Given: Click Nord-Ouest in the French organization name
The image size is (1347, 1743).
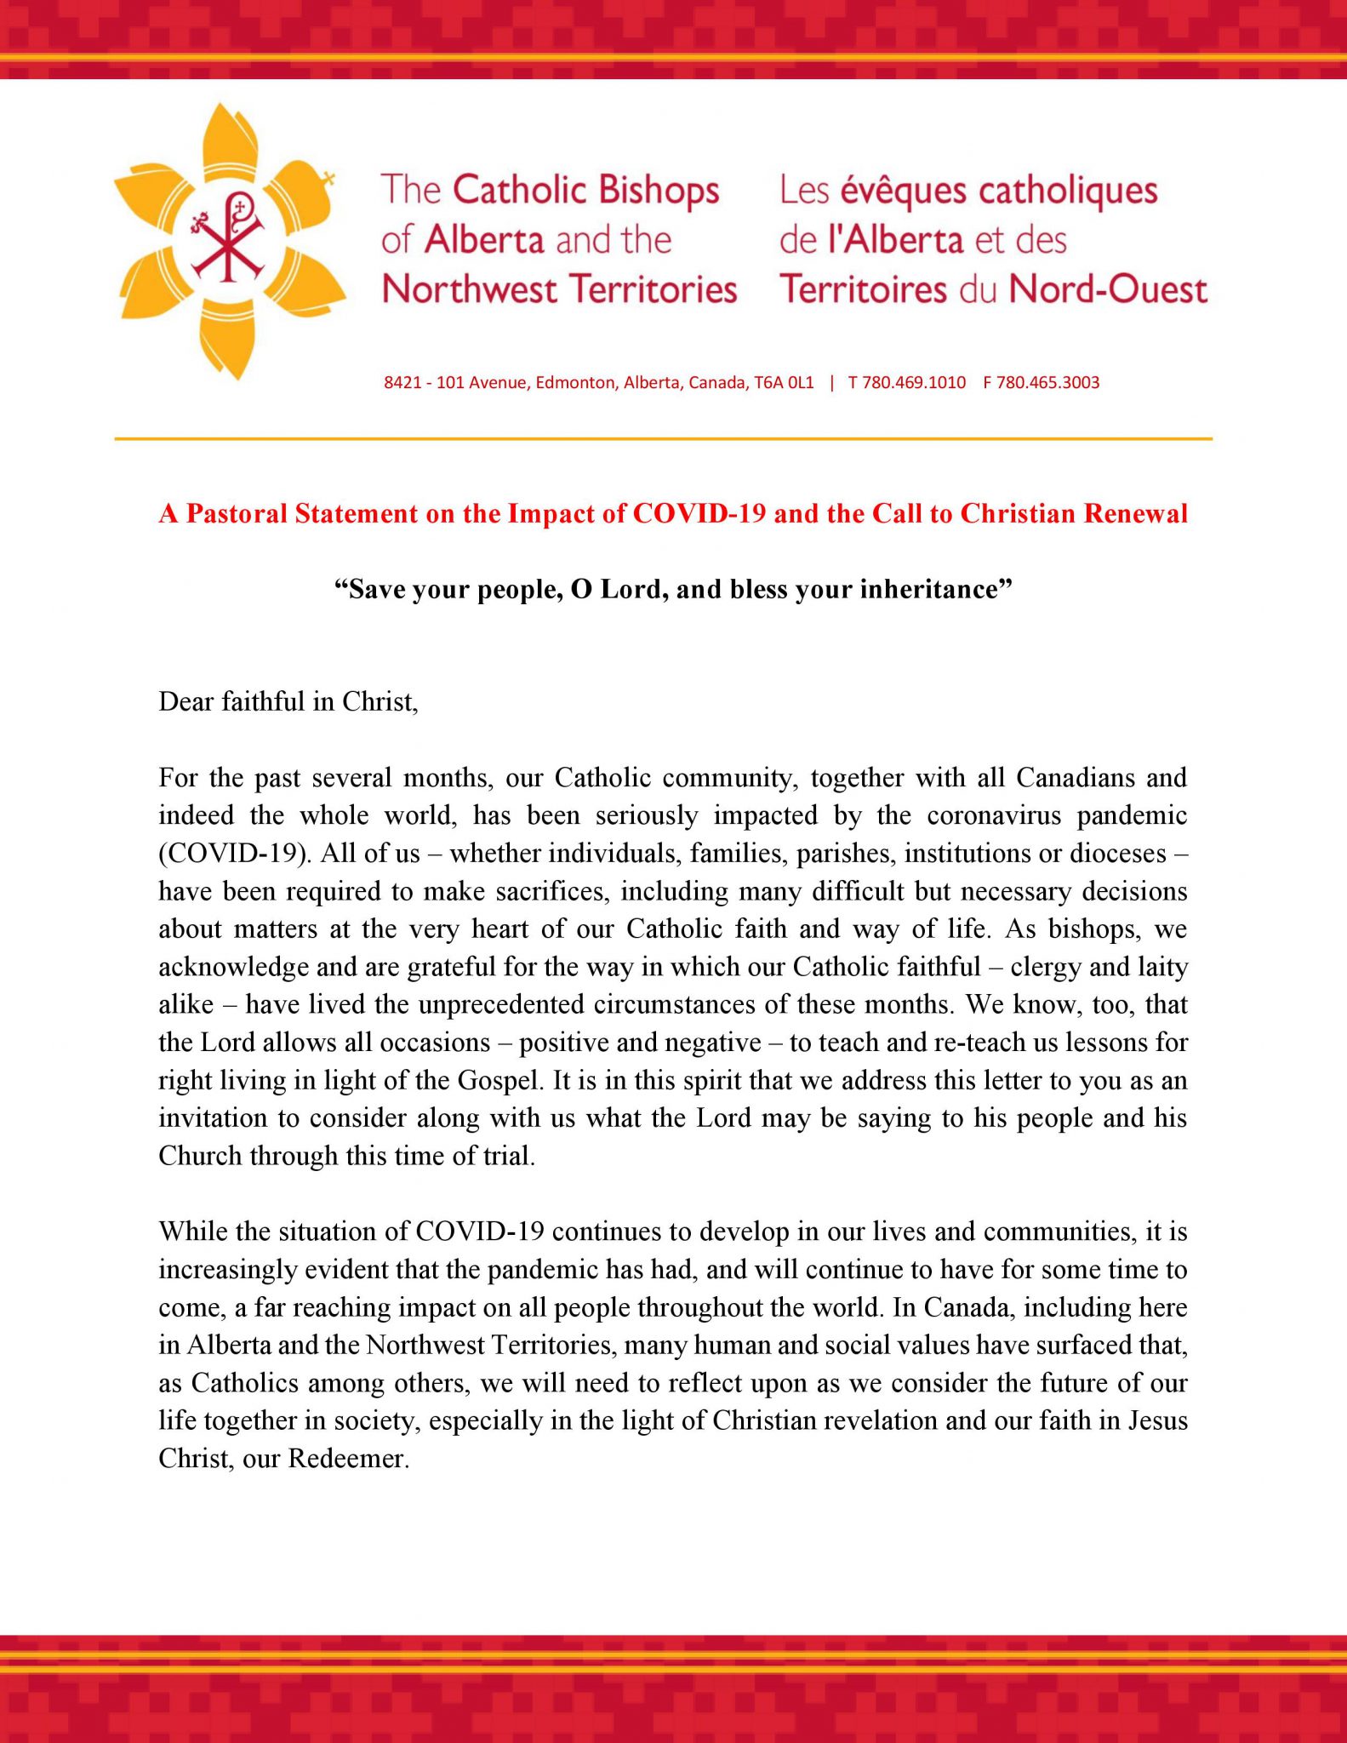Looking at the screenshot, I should [1108, 289].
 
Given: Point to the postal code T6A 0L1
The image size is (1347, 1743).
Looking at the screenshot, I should [784, 383].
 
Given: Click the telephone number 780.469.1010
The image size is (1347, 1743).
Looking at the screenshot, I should [914, 383].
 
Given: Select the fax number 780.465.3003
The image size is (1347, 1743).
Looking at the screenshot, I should [1047, 383].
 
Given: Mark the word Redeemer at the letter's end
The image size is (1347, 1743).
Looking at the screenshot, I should [349, 1458].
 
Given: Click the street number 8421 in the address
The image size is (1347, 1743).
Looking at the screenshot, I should [402, 383].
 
